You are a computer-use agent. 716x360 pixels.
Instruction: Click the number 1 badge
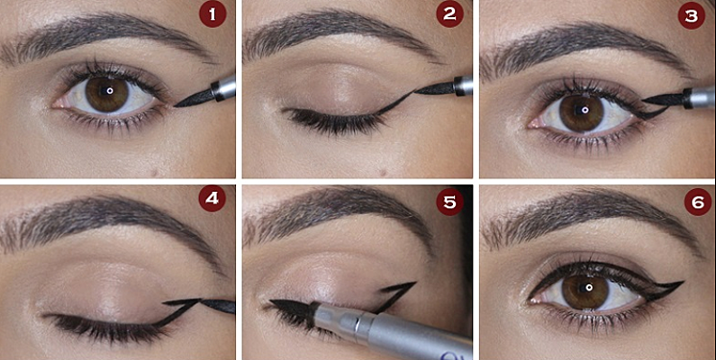(x=213, y=14)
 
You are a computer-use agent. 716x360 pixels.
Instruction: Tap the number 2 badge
(x=449, y=14)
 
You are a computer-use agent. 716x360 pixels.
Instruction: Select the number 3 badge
(x=692, y=15)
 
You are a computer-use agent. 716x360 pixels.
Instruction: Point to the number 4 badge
(x=213, y=198)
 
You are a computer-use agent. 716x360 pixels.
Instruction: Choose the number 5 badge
(x=449, y=202)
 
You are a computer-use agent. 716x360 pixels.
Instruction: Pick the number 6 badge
(x=697, y=202)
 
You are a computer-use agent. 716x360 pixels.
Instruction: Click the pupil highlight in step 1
(x=110, y=91)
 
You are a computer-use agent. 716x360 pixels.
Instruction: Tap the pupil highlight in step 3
(x=585, y=110)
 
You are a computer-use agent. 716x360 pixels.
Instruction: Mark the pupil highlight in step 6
(x=589, y=287)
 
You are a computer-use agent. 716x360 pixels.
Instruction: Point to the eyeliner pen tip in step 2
(x=434, y=88)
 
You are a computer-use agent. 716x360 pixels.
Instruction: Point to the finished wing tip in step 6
(x=684, y=283)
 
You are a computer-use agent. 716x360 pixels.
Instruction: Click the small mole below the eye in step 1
(x=154, y=172)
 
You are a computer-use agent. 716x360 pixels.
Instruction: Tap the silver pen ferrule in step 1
(x=224, y=87)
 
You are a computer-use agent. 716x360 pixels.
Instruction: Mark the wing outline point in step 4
(x=200, y=300)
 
